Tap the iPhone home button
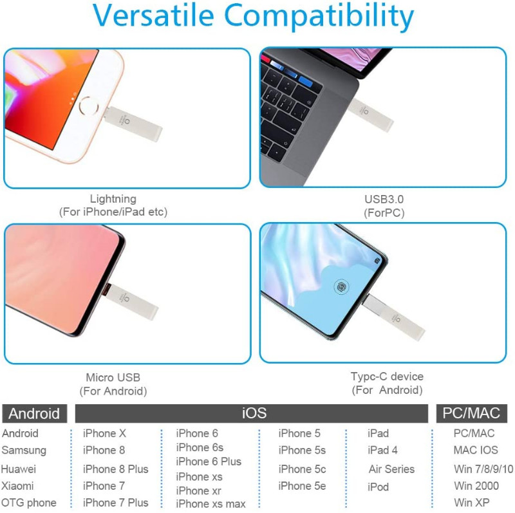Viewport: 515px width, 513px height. tap(89, 106)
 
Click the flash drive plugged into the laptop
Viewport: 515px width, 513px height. tap(371, 115)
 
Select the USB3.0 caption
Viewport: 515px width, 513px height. tap(384, 199)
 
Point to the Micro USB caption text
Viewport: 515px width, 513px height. tap(113, 377)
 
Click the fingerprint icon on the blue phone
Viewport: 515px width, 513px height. tap(341, 286)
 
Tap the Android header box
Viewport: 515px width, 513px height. tap(35, 413)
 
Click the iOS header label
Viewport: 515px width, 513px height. tap(254, 413)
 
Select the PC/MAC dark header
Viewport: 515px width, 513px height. tap(471, 413)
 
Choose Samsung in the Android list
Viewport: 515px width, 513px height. tap(24, 451)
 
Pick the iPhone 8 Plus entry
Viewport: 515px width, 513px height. tap(116, 469)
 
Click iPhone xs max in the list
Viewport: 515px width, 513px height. tap(211, 504)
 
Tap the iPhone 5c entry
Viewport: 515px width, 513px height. tap(302, 469)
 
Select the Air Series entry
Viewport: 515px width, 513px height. tap(391, 469)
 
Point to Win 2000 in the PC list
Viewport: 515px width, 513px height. tap(476, 486)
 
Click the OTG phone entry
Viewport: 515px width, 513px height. tap(29, 503)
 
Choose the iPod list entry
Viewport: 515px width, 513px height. tap(378, 487)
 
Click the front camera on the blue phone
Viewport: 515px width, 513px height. tap(377, 261)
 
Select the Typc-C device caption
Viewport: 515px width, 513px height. tap(387, 377)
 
